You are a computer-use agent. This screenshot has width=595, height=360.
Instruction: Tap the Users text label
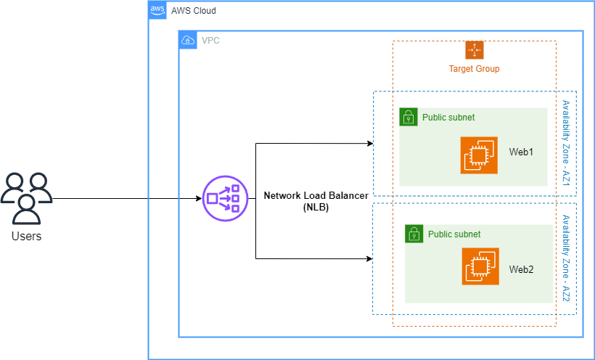coord(27,237)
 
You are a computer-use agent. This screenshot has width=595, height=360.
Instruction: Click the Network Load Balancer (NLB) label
coord(316,201)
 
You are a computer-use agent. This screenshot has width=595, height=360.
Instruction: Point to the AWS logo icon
coord(157,10)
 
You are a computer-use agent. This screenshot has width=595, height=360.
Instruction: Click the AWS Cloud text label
coord(194,11)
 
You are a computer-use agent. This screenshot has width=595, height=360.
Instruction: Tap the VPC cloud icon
coord(187,40)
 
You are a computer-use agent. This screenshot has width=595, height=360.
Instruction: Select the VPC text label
coord(210,40)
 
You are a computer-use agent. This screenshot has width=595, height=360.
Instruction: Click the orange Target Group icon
coord(475,50)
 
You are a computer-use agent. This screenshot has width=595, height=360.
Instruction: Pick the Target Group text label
coord(475,69)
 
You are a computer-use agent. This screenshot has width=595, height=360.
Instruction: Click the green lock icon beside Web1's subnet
coord(409,117)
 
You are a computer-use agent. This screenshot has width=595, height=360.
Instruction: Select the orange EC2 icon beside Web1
coord(479,155)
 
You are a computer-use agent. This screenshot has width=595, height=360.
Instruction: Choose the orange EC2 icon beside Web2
coord(481,266)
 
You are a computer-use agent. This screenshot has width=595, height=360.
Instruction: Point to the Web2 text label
coord(521,269)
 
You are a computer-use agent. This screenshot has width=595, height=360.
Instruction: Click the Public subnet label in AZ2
coord(454,234)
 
